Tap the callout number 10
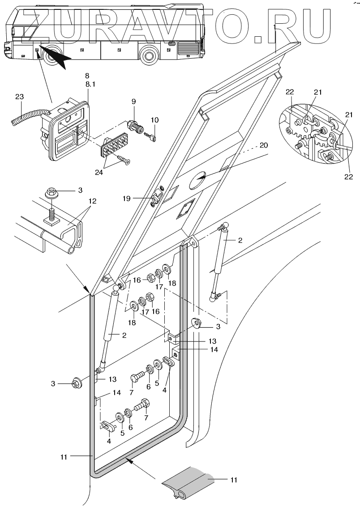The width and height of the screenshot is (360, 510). pos(154,120)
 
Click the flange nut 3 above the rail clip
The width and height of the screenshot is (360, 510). pos(55,194)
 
